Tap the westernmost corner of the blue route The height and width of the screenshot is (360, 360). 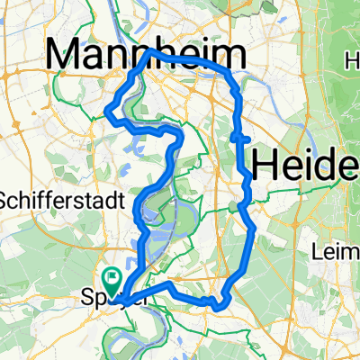coord(107,112)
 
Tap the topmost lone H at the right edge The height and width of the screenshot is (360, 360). coord(351,60)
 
